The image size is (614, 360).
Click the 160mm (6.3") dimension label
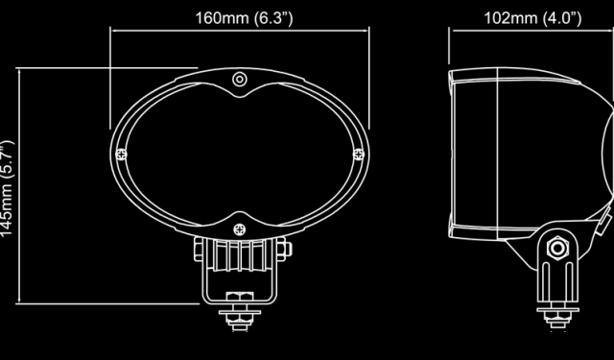[x=244, y=18]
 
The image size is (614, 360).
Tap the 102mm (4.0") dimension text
[x=532, y=18]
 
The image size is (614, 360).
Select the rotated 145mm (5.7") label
[x=7, y=188]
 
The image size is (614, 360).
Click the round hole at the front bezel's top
[x=240, y=80]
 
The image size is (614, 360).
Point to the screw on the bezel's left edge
[x=122, y=155]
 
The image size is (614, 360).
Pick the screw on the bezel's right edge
[x=359, y=155]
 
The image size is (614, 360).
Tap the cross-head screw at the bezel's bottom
[x=240, y=229]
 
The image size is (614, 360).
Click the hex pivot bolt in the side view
[x=557, y=248]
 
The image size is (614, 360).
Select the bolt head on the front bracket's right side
[x=284, y=250]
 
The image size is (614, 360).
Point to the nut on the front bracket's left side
[x=199, y=250]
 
